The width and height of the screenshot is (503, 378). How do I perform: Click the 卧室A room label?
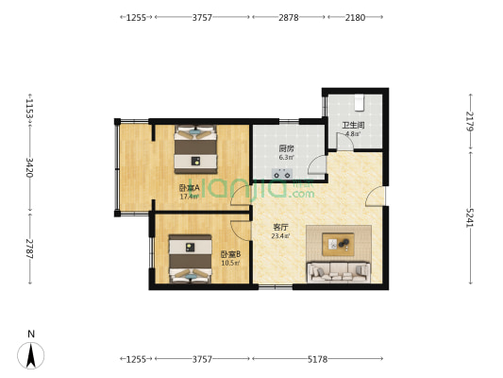pyautogui.click(x=189, y=188)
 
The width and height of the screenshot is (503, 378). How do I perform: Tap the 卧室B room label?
pyautogui.click(x=230, y=253)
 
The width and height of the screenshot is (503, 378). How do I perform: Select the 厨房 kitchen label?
pyautogui.click(x=285, y=148)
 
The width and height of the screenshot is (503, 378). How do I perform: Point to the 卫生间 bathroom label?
pyautogui.click(x=353, y=125)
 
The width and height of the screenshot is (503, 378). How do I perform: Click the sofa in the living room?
pyautogui.click(x=337, y=273)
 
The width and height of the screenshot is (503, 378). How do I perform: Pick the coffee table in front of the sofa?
pyautogui.click(x=337, y=245)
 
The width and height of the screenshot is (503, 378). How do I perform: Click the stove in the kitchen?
pyautogui.click(x=281, y=174)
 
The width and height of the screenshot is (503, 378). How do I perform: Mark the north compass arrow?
pyautogui.click(x=31, y=354)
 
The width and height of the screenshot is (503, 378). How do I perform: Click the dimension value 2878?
pyautogui.click(x=289, y=17)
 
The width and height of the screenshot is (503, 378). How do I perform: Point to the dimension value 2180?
pyautogui.click(x=355, y=17)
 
